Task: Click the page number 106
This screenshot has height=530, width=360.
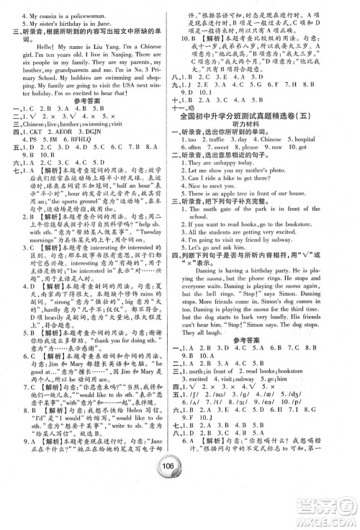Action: click(179, 501)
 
